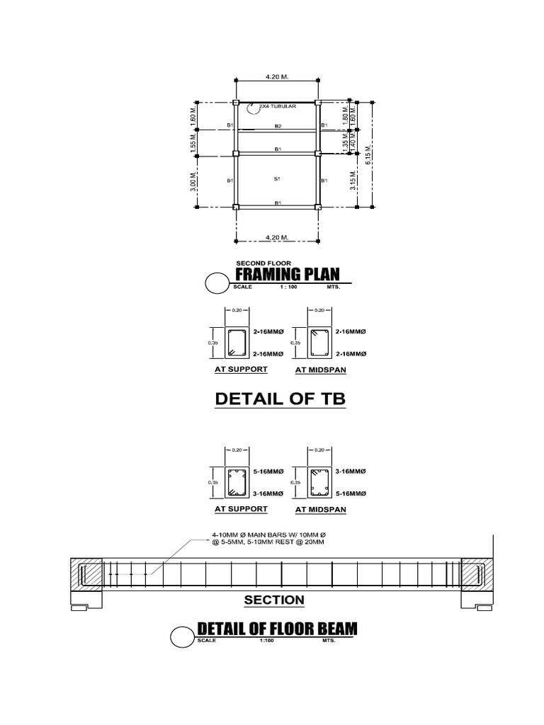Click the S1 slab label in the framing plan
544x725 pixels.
click(278, 179)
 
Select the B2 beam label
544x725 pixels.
click(278, 126)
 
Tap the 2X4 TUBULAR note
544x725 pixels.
click(277, 107)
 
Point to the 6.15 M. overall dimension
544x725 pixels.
click(368, 155)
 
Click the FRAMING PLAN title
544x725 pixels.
click(287, 275)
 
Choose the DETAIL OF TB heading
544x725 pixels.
click(280, 400)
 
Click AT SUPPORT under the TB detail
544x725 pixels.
click(241, 370)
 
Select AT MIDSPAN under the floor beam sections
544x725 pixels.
click(320, 509)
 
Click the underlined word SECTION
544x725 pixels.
click(274, 600)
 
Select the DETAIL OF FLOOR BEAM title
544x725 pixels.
click(277, 629)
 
